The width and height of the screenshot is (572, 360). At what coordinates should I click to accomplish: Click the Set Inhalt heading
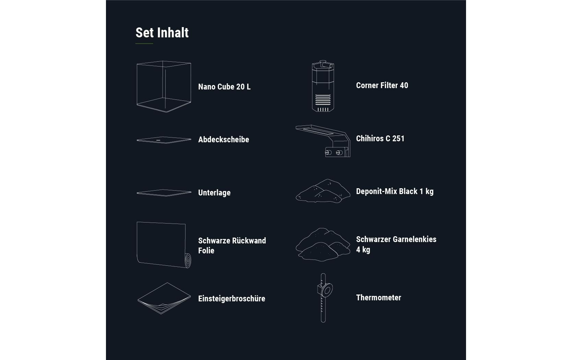pos(162,33)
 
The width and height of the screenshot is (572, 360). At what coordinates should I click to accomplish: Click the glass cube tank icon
pos(164,86)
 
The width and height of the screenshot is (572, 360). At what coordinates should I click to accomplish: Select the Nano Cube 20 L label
pos(224,87)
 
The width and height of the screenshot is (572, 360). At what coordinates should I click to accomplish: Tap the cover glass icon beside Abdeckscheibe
pos(164,140)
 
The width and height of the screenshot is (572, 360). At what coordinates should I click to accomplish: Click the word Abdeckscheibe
pos(224,140)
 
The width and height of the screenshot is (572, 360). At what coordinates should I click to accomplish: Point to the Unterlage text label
pos(214,193)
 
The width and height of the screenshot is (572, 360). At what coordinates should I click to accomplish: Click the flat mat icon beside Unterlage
pos(164,193)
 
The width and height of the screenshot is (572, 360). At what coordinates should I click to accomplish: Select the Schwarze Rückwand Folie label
pos(232,245)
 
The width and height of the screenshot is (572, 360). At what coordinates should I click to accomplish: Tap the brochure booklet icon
pos(164,298)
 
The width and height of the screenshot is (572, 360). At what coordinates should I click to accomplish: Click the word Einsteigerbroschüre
pos(231,299)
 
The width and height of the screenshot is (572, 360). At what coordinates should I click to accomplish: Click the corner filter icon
pos(323,86)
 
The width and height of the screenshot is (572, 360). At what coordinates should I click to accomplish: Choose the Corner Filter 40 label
pos(382,85)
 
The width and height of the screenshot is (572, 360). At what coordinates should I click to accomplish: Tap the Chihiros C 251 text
pos(380,139)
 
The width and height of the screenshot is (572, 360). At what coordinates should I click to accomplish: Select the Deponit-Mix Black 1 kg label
pos(395,191)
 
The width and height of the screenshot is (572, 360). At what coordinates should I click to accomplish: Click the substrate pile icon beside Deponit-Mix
pos(323,191)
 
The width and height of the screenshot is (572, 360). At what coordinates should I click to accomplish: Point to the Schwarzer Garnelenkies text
pos(396,239)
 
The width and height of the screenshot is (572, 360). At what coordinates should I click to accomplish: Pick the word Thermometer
pos(378,298)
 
